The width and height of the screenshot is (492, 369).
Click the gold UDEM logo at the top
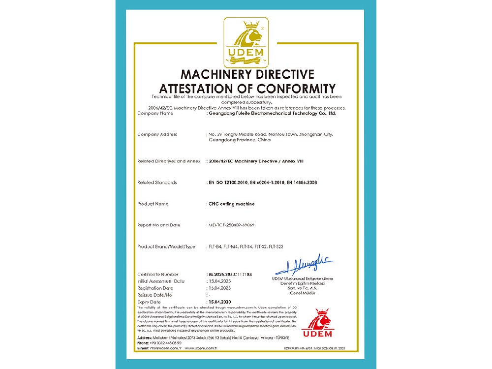pyautogui.click(x=246, y=42)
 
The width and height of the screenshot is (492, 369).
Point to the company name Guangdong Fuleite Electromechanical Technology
pyautogui.click(x=272, y=113)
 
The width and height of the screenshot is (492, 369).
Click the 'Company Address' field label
pyautogui.click(x=157, y=134)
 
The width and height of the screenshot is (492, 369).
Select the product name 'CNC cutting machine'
pyautogui.click(x=232, y=203)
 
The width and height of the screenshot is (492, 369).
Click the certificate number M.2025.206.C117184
pyautogui.click(x=231, y=274)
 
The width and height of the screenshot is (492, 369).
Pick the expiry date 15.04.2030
pyautogui.click(x=219, y=302)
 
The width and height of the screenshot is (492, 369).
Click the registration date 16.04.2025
pyautogui.click(x=219, y=288)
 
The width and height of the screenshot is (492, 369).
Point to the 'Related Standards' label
pyautogui.click(x=157, y=183)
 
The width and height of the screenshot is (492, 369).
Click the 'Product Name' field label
pyautogui.click(x=154, y=203)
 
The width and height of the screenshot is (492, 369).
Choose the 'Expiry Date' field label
pyautogui.click(x=149, y=302)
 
